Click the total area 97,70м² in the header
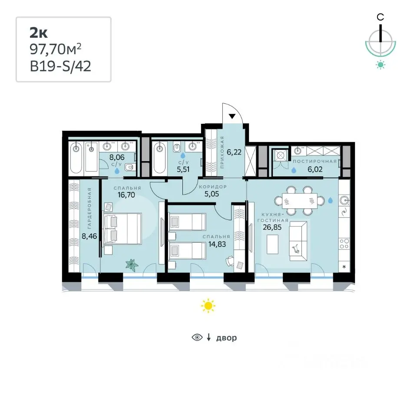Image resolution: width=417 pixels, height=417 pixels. click(55, 49)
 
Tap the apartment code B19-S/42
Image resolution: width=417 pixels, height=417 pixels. click(60, 66)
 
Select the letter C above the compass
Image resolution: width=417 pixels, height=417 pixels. click(381, 17)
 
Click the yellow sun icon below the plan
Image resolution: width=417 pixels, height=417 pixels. click(208, 306)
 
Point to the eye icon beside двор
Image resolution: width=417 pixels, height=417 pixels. click(197, 338)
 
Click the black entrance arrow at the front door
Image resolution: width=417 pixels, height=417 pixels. click(232, 116)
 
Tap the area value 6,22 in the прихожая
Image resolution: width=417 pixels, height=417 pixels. click(234, 152)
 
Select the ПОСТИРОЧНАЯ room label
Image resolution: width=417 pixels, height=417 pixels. click(314, 161)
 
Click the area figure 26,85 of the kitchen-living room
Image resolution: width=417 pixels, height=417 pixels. click(272, 227)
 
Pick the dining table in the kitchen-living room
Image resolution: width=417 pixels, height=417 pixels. click(299, 201)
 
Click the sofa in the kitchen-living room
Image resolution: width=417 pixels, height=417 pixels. click(298, 241)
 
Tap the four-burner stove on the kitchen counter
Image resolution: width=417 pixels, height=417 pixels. click(344, 244)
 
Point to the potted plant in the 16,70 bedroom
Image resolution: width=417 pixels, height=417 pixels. click(132, 265)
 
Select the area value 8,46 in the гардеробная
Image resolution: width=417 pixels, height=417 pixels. click(89, 236)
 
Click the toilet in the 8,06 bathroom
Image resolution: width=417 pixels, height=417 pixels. click(129, 167)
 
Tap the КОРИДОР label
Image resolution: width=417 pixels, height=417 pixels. click(213, 187)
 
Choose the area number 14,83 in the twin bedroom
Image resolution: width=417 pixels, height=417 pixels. click(217, 244)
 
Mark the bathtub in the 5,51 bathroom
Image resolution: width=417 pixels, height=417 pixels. click(159, 158)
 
